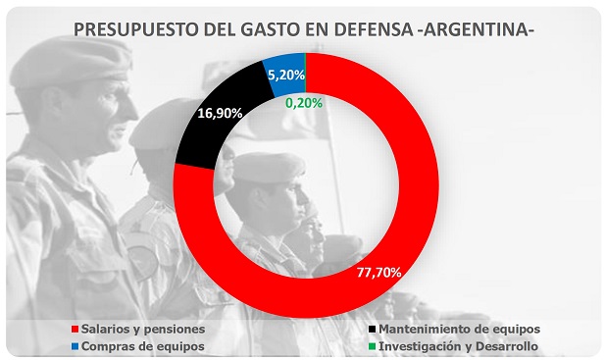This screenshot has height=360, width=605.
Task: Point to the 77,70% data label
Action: click(378, 273)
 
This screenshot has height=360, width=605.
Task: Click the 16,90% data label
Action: click(220, 113)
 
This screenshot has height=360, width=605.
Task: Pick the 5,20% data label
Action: click(286, 75)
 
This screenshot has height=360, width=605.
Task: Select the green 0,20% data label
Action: click(304, 103)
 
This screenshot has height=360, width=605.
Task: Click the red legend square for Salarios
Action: click(75, 330)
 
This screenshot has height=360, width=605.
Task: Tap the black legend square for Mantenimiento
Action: click(372, 330)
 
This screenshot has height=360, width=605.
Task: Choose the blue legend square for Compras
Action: click(75, 346)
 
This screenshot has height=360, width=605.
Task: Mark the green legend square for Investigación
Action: click(372, 346)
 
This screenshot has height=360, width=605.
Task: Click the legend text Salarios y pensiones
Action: click(143, 330)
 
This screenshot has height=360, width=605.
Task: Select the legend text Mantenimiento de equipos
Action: click(460, 330)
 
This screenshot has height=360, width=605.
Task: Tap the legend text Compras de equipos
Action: click(143, 346)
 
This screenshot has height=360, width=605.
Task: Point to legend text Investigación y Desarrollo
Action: click(458, 346)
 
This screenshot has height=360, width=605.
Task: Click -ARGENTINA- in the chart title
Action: click(476, 29)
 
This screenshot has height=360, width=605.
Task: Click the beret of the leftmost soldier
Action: click(70, 62)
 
